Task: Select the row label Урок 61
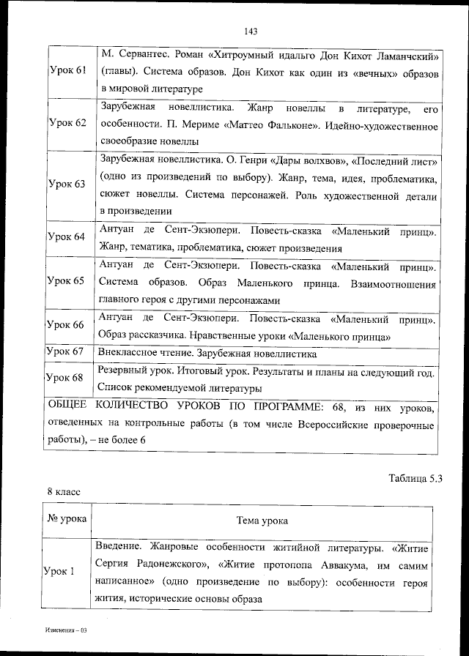(67, 70)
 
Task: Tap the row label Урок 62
(67, 122)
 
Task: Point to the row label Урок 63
(67, 184)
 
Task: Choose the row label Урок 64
(67, 236)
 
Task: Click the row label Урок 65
(67, 280)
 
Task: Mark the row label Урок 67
(67, 351)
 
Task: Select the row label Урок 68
(67, 378)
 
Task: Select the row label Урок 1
(63, 572)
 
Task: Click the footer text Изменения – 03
(65, 630)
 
